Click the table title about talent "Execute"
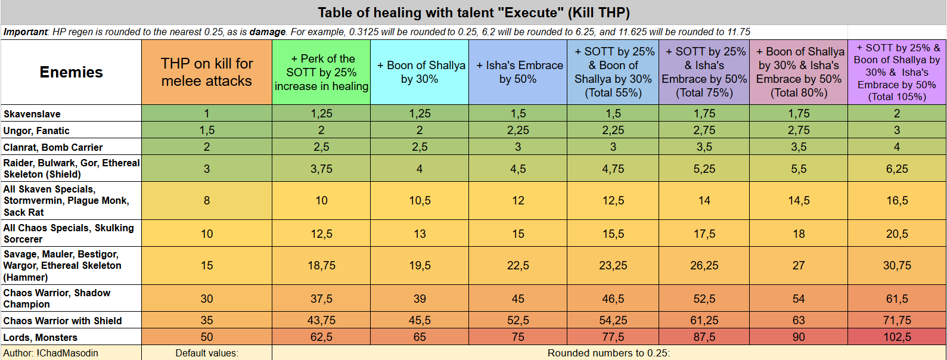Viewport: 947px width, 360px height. pyautogui.click(x=473, y=13)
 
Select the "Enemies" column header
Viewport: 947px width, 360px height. pyautogui.click(x=71, y=72)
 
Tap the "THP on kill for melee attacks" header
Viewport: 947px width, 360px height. pyautogui.click(x=207, y=72)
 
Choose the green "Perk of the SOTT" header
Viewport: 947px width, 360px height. pyautogui.click(x=321, y=72)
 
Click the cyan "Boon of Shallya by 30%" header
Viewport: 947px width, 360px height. pyautogui.click(x=420, y=72)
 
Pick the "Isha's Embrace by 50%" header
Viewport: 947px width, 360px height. pyautogui.click(x=518, y=72)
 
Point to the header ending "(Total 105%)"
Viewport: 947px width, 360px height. pyautogui.click(x=897, y=72)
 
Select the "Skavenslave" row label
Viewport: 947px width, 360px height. pyautogui.click(x=32, y=114)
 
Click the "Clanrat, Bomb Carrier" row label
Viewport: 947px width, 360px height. pyautogui.click(x=53, y=147)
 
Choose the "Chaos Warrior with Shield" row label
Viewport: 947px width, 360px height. pyautogui.click(x=63, y=321)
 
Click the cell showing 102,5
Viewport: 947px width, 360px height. pyautogui.click(x=897, y=337)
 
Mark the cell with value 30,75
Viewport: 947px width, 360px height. pyautogui.click(x=897, y=266)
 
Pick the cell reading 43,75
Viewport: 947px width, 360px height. pyautogui.click(x=321, y=321)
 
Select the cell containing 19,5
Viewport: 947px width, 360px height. pyautogui.click(x=420, y=266)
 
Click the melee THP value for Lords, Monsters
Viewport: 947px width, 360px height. pyautogui.click(x=207, y=337)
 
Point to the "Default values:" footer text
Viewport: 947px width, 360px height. pyautogui.click(x=207, y=353)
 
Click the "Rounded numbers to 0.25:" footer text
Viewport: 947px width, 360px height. pyautogui.click(x=608, y=353)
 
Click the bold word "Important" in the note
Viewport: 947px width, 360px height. pyautogui.click(x=26, y=32)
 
